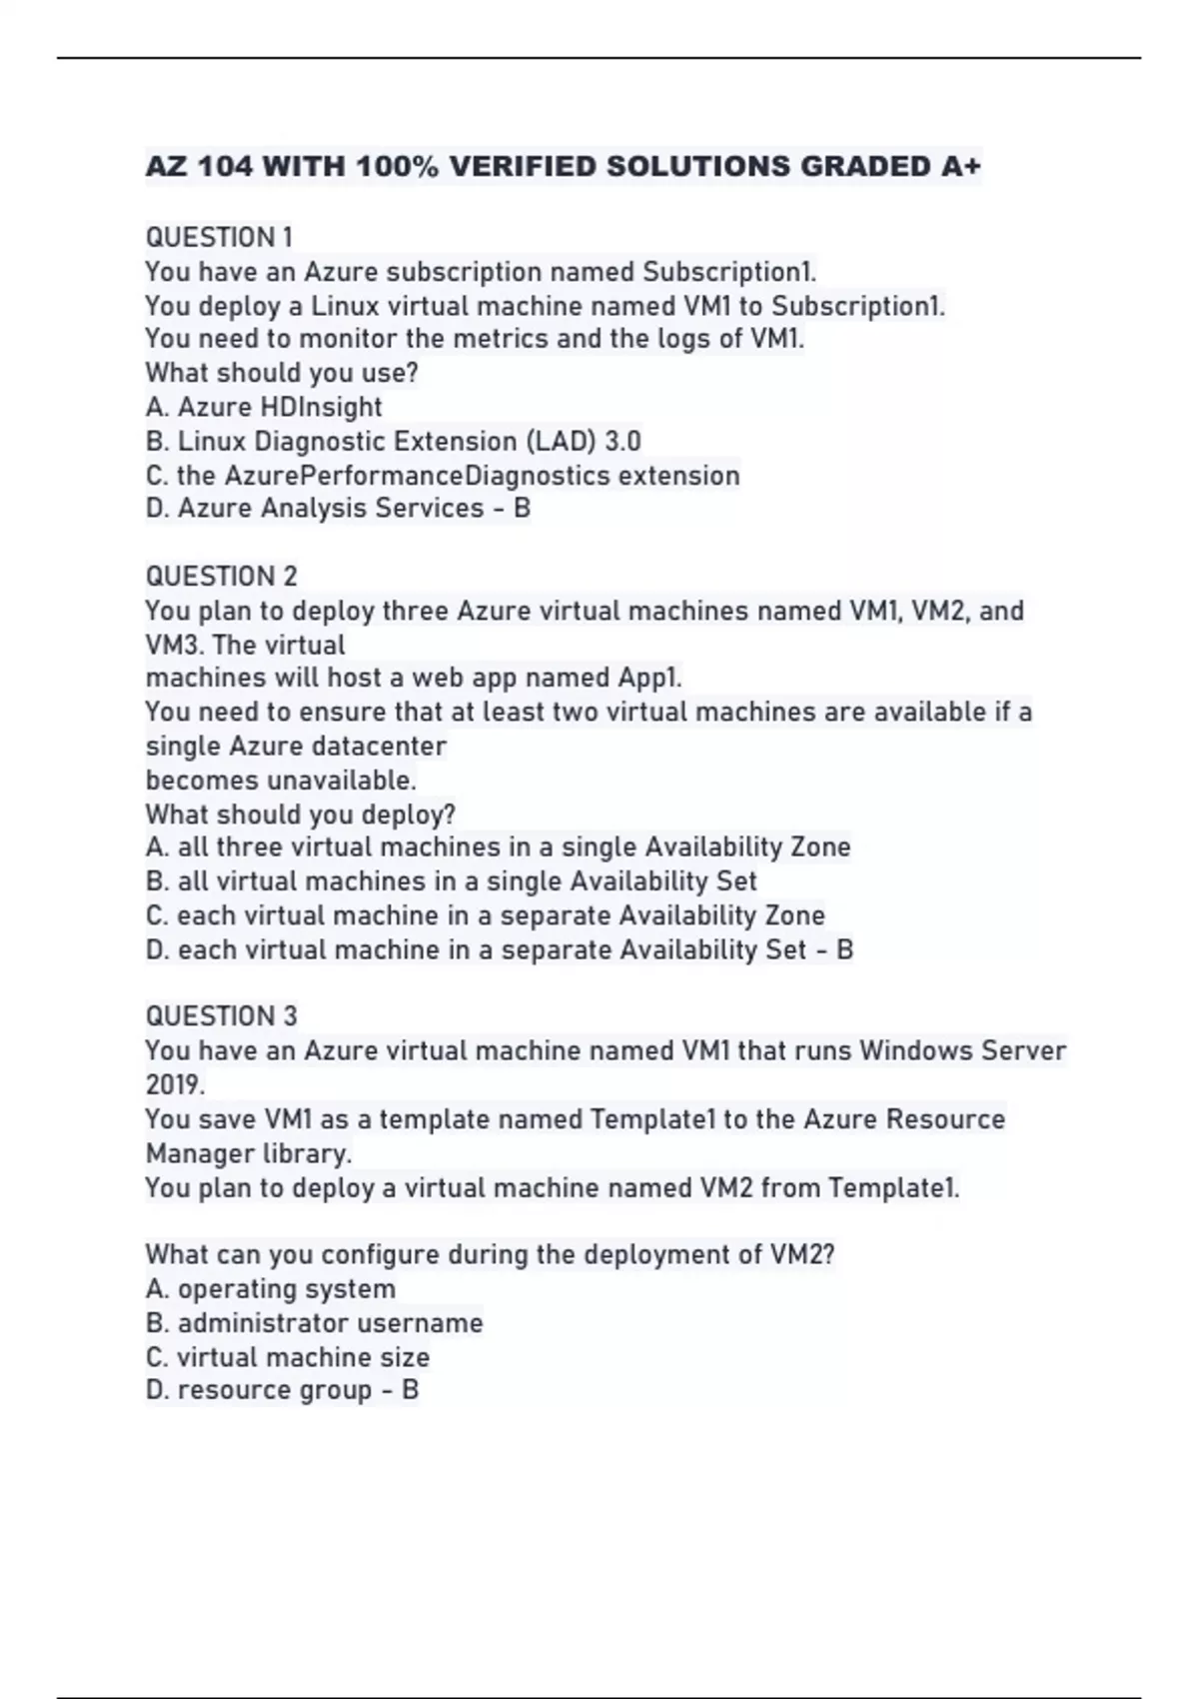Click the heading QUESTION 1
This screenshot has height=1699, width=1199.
click(x=219, y=238)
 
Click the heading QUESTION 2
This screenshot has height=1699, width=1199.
click(x=221, y=577)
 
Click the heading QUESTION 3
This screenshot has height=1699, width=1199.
click(x=221, y=1016)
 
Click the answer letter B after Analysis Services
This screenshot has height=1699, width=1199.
click(x=522, y=509)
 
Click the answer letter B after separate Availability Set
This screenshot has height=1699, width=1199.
click(x=844, y=949)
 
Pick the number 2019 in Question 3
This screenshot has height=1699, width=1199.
click(x=175, y=1085)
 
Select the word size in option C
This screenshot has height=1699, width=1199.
click(x=406, y=1357)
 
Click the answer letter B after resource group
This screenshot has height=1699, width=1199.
click(x=410, y=1390)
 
